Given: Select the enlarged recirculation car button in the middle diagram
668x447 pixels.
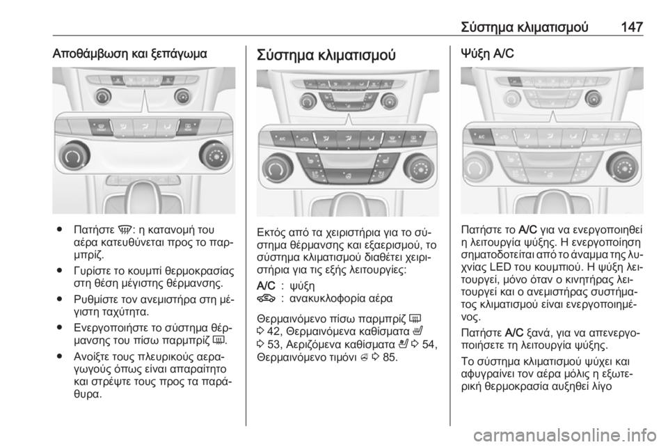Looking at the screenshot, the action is pyautogui.click(x=307, y=138).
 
